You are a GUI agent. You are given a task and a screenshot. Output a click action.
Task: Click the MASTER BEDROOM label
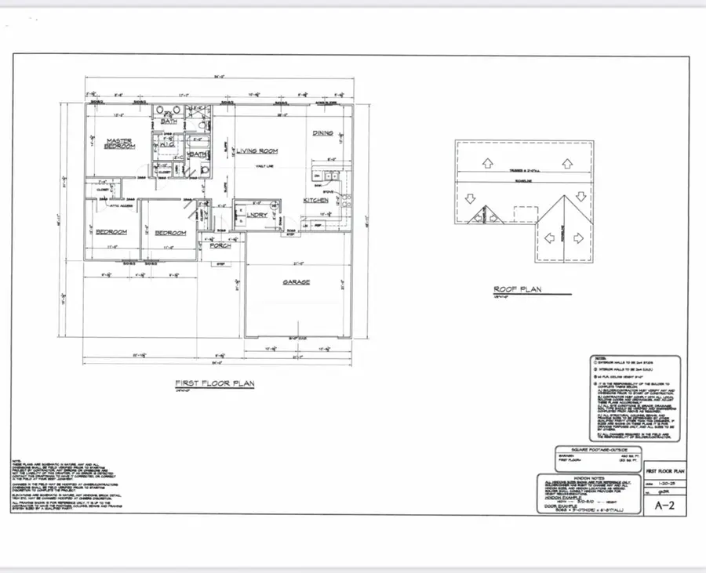pos(118,145)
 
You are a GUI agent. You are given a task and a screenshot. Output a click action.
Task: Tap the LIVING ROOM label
pos(258,151)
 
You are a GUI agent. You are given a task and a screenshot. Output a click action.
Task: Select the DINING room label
pos(324,133)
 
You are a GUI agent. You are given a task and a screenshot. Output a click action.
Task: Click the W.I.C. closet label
pos(167,146)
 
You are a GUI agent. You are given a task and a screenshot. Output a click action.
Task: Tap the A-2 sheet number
pos(664,506)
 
